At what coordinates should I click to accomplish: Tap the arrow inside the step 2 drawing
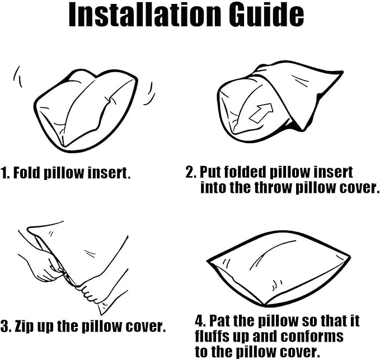tap(261, 112)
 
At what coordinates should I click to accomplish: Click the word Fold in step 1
tap(26, 173)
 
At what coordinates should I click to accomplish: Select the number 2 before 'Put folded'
tap(190, 172)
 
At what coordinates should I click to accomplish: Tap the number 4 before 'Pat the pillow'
tap(200, 321)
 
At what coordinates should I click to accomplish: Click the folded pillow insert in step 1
tap(86, 111)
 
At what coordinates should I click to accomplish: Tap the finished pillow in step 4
tap(279, 269)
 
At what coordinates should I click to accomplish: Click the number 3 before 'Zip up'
tap(4, 326)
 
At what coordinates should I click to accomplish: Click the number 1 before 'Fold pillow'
tap(4, 173)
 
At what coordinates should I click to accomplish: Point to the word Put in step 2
tap(210, 172)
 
